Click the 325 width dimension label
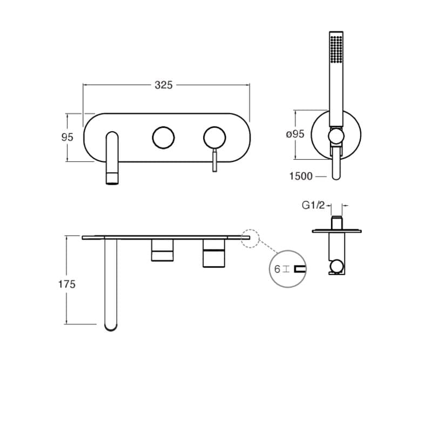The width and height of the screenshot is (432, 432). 164,85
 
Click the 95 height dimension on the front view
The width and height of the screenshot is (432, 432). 67,137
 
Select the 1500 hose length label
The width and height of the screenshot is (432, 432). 301,176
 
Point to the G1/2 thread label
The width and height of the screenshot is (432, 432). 313,205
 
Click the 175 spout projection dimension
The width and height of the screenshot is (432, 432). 67,284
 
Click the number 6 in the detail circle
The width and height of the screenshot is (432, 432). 277,268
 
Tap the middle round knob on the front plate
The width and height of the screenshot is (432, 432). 163,137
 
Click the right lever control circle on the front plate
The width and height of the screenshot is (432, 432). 215,137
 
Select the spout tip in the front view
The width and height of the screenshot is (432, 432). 112,178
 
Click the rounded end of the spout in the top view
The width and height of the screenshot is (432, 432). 112,324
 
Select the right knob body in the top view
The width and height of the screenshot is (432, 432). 214,253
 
